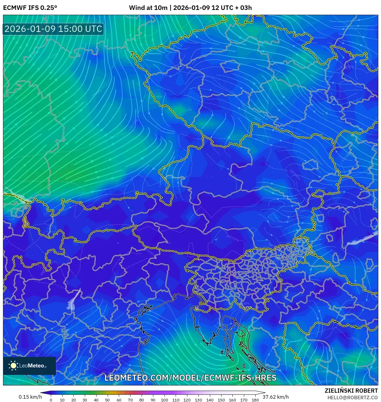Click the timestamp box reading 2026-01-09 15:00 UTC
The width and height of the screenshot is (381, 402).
coord(53,29)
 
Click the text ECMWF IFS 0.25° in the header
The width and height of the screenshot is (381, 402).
coord(30,8)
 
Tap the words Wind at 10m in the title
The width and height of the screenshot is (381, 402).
coord(148,8)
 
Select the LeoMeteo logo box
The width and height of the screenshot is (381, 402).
coord(29,366)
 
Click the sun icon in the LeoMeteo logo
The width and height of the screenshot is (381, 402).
coord(14,366)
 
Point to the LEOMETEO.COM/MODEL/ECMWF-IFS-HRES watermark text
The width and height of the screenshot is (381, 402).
coord(190,378)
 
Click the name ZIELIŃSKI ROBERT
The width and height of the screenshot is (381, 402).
coord(351,391)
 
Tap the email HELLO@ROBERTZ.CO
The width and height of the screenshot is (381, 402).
coord(352,397)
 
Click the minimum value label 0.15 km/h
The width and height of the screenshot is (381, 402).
coord(30,397)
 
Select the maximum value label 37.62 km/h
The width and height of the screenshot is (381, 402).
coord(275,397)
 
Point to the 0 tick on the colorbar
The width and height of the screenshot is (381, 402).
coord(51,400)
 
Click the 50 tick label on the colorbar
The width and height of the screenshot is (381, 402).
coord(107,400)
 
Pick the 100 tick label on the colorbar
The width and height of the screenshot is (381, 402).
coord(164,400)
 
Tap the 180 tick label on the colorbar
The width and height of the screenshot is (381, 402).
coord(255,400)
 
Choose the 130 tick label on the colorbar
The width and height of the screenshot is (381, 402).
coord(198,400)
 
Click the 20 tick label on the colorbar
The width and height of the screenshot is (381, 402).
coord(73,400)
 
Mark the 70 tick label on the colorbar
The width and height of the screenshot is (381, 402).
coord(130,400)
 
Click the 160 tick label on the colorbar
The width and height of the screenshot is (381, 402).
coord(232,400)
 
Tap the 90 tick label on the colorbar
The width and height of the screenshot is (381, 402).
coord(153,400)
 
